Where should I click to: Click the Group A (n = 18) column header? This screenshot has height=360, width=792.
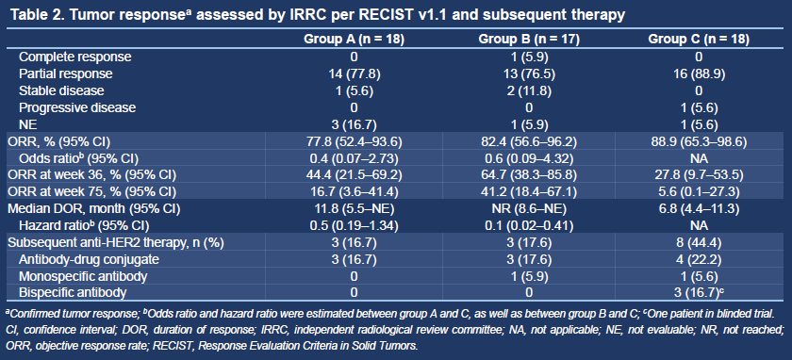354,40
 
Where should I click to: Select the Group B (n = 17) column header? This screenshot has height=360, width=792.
529,40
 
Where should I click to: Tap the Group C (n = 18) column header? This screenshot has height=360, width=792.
699,40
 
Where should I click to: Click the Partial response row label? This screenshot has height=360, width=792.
66,74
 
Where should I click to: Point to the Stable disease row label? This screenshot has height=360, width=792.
61,90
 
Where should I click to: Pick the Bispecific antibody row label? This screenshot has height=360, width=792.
73,292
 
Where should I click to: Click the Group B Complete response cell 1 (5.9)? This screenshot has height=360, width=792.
529,57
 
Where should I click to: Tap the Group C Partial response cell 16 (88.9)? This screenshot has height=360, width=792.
699,74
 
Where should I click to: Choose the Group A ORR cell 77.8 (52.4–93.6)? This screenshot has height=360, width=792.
354,140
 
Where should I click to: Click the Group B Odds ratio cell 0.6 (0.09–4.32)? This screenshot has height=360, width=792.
529,158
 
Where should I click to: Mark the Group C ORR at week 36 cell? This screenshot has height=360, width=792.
699,175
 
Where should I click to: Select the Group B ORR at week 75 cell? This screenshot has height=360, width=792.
529,192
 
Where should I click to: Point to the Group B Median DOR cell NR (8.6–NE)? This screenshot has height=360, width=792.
529,208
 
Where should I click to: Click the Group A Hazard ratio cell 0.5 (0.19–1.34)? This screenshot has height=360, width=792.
354,225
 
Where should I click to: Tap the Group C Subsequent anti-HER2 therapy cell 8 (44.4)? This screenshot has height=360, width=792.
699,242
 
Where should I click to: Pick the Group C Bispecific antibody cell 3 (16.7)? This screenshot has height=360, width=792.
700,292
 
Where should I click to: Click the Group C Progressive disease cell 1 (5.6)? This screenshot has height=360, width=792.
699,107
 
